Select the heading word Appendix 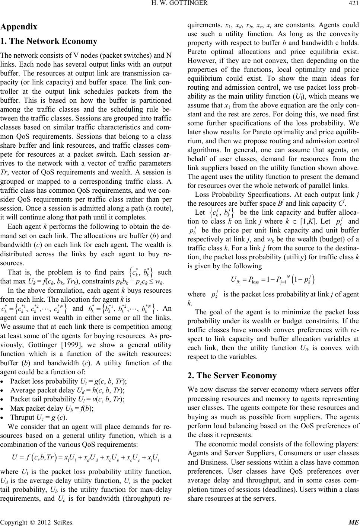click(x=19, y=27)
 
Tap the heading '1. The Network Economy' click(x=49, y=41)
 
